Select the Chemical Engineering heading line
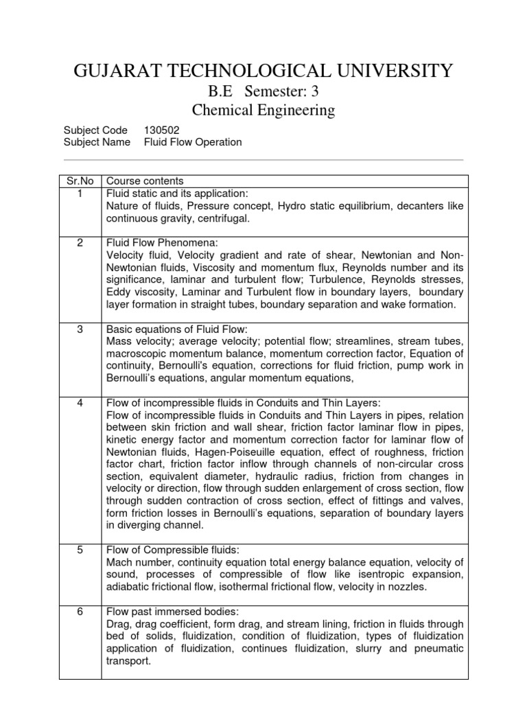pyautogui.click(x=263, y=110)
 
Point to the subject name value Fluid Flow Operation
pyautogui.click(x=193, y=142)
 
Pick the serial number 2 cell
pyautogui.click(x=80, y=243)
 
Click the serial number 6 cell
pyautogui.click(x=80, y=611)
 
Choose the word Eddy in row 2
pyautogui.click(x=117, y=292)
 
